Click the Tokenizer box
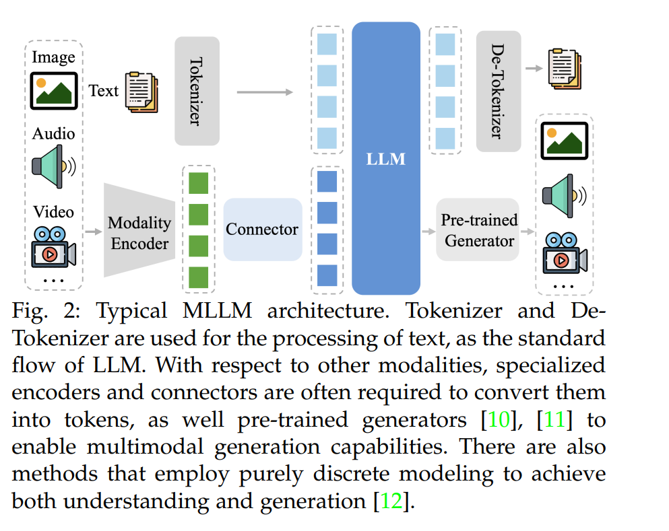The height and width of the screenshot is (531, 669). coord(197,92)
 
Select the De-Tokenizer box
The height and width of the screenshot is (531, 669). coord(499,92)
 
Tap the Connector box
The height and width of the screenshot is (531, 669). coord(263,229)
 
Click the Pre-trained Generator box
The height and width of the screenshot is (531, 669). coord(478,229)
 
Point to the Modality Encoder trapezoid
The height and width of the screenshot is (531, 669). coord(139,230)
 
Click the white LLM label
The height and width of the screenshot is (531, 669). coord(385,159)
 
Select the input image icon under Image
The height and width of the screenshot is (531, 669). coord(54,91)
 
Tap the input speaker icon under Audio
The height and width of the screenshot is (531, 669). coord(54,167)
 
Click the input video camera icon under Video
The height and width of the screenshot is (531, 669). coord(53,247)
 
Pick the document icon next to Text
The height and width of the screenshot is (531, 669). coord(141,92)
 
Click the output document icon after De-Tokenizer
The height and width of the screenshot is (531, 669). coord(565,69)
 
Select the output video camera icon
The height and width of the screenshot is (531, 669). coord(565,253)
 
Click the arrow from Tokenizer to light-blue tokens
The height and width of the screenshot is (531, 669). coord(265,92)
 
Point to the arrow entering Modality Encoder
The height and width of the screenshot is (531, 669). coord(94,232)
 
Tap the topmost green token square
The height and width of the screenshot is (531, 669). coord(198,183)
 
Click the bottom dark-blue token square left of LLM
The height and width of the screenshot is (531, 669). coord(327,275)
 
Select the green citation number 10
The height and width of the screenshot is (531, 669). coord(499,420)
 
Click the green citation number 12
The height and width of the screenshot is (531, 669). coord(391,501)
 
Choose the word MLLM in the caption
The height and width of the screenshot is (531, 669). coord(217,310)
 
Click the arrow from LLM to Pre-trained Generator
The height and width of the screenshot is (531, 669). coord(428,232)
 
